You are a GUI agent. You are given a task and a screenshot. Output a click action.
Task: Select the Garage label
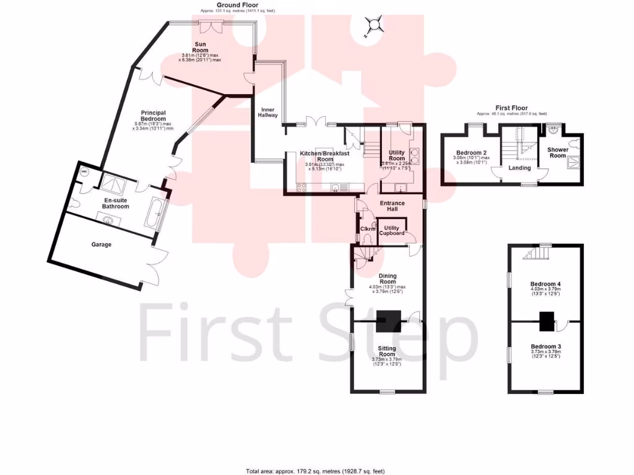[x=102, y=245]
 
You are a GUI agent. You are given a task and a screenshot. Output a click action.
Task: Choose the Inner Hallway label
[x=268, y=112]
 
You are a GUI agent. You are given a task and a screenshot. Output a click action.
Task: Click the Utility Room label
[x=396, y=155]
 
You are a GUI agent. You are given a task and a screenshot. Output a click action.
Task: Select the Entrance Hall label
[x=392, y=207]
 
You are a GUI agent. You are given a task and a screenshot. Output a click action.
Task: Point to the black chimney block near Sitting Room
[x=388, y=317]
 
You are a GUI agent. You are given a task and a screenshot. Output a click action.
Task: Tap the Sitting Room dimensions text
[x=387, y=361]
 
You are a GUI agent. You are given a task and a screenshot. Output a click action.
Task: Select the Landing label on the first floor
[x=519, y=168]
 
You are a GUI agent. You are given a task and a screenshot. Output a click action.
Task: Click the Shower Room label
[x=558, y=152]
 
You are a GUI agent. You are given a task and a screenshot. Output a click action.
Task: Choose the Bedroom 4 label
[x=545, y=283]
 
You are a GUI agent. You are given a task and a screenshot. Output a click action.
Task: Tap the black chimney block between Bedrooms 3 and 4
[x=546, y=321]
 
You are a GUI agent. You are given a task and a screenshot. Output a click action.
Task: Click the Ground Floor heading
[x=238, y=6]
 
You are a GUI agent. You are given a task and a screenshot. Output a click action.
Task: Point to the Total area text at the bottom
[x=316, y=470]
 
